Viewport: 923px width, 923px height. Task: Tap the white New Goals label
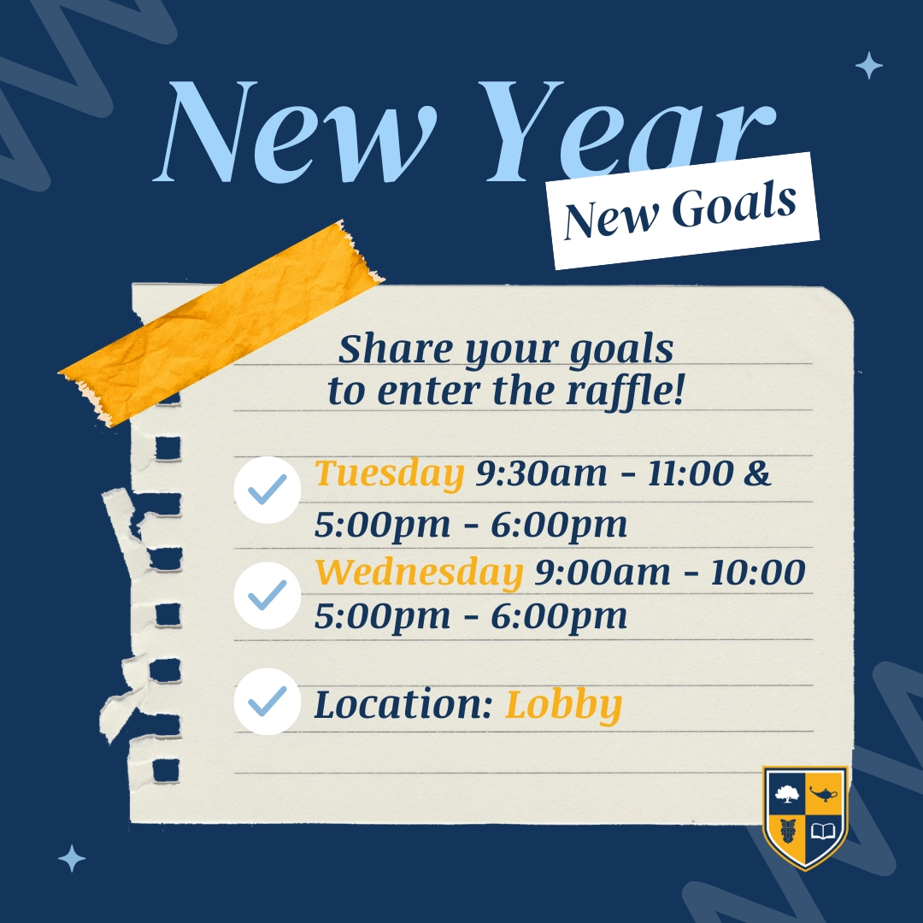coord(681,210)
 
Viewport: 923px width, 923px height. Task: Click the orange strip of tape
coord(222,325)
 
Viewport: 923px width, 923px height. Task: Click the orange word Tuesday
coord(390,474)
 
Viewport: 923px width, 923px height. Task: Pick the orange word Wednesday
coord(419,573)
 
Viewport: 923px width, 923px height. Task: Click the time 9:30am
coord(541,474)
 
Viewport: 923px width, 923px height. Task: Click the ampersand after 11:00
coord(757,474)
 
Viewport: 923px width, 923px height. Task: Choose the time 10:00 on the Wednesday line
coord(757,573)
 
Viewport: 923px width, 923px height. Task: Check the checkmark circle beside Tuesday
coord(267,489)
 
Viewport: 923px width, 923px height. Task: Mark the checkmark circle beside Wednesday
coord(267,595)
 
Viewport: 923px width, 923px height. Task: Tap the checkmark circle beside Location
coord(267,702)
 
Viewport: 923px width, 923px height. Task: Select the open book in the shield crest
coord(824,831)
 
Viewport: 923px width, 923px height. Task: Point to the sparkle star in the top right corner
coord(868,66)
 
